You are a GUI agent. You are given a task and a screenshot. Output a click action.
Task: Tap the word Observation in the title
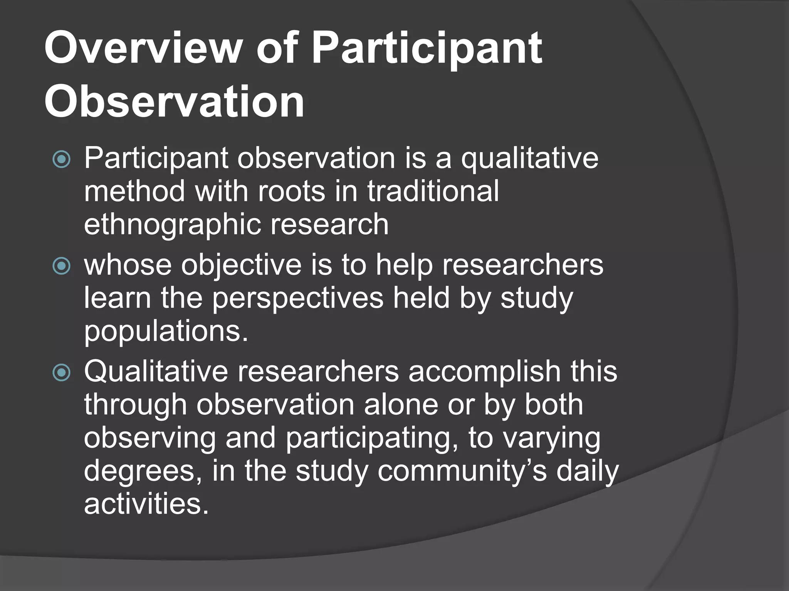tap(174, 102)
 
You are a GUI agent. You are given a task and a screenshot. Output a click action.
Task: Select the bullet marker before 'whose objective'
tap(62, 265)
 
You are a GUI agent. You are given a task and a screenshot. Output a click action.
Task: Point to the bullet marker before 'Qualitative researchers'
tap(62, 372)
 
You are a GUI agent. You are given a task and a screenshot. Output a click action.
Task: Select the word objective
tap(241, 265)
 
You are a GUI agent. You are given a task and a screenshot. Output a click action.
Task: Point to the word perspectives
tap(298, 298)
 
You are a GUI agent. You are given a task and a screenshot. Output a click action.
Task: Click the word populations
tap(166, 332)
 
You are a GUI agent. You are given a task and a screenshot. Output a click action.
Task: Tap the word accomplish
tap(484, 372)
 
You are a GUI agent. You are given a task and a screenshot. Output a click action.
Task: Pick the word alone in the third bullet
tap(401, 405)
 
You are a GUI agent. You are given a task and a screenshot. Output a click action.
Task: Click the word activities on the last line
tap(146, 504)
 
